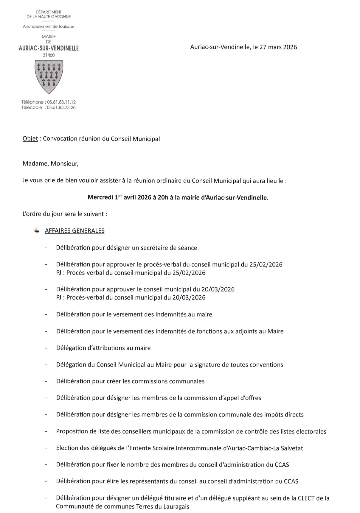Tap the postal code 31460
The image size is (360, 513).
pyautogui.click(x=49, y=55)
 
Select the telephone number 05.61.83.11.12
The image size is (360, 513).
pyautogui.click(x=61, y=102)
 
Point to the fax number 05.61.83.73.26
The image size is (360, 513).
pyautogui.click(x=61, y=107)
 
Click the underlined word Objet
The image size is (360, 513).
pyautogui.click(x=30, y=139)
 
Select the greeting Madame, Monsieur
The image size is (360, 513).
pyautogui.click(x=50, y=163)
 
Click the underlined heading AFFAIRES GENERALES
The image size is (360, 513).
pyautogui.click(x=75, y=231)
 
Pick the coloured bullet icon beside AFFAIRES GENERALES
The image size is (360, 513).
pyautogui.click(x=37, y=230)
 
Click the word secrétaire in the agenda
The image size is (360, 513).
pyautogui.click(x=153, y=248)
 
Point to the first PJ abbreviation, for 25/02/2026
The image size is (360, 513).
pyautogui.click(x=59, y=273)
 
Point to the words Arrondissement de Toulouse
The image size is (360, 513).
pyautogui.click(x=49, y=26)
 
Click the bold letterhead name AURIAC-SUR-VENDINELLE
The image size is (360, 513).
pyautogui.click(x=49, y=48)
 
